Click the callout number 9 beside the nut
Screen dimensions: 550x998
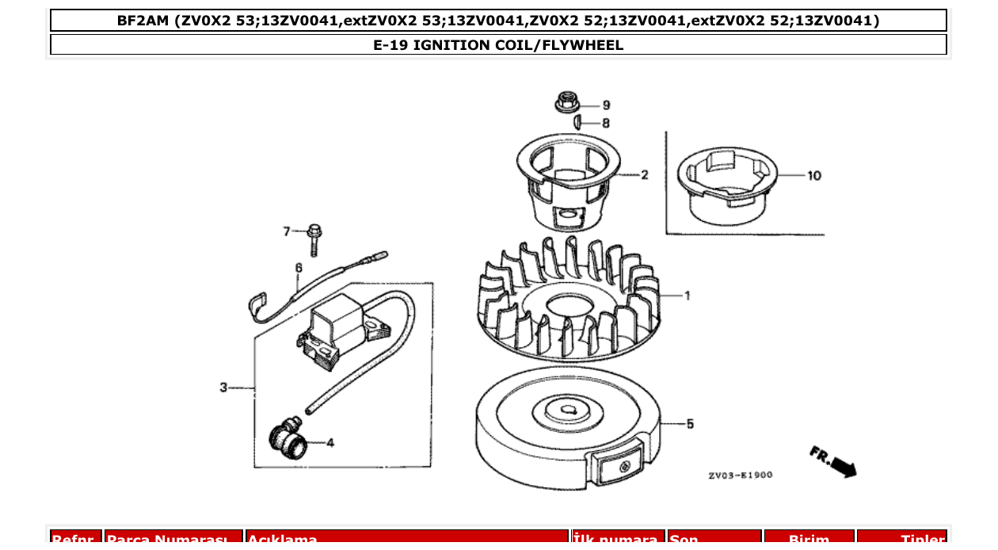click(606, 105)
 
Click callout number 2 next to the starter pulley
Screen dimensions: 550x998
click(644, 175)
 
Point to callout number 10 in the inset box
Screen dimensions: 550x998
click(814, 176)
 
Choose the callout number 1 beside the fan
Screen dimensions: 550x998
click(687, 296)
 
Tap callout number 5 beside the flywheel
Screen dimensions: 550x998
click(690, 424)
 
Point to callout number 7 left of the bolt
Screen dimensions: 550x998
click(288, 231)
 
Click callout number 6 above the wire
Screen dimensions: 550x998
click(299, 268)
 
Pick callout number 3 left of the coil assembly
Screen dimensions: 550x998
click(224, 388)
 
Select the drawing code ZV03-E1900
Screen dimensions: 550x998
click(740, 476)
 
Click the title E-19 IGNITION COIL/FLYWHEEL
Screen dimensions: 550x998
click(498, 45)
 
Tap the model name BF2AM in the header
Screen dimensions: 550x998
click(143, 21)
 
